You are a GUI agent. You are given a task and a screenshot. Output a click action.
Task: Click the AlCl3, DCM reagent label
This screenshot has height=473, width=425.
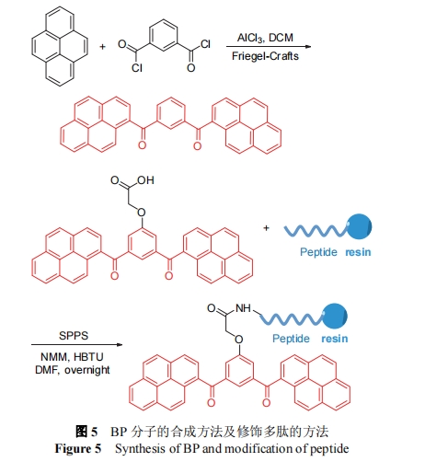pos(265,38)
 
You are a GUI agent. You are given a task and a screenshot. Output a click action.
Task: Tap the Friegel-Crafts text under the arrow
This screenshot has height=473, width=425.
pos(265,56)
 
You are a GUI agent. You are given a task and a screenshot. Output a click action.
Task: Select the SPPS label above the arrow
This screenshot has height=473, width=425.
pos(74,336)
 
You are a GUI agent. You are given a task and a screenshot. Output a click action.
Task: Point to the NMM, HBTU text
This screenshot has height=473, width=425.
pos(72,357)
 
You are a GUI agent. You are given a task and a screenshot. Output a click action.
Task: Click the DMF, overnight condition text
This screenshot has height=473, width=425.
pos(73,370)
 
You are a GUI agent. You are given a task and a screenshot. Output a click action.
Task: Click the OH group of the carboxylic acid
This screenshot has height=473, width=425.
pos(145,180)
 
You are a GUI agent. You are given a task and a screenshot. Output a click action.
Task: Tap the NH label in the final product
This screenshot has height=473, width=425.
pos(243,308)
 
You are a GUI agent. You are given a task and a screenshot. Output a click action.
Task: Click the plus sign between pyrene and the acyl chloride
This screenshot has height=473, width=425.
pos(102,47)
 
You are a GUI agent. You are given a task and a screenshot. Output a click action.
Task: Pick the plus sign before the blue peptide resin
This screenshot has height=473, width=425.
pos(266,228)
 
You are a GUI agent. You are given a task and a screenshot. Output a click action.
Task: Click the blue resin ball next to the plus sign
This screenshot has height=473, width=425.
pos(359,226)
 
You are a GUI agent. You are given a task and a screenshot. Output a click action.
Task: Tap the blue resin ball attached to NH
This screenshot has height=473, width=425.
pos(335,317)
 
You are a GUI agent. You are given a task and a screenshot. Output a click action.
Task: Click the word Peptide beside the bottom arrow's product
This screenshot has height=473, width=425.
pos(291,339)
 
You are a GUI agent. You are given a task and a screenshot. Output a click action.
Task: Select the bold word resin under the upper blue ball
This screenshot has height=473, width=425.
pos(358,252)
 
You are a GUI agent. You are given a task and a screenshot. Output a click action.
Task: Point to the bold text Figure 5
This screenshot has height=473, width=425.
pos(78,448)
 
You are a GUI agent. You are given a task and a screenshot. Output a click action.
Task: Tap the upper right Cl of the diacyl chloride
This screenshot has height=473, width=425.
pos(205,44)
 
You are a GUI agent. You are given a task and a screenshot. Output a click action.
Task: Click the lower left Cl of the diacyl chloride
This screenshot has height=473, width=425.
pos(137,67)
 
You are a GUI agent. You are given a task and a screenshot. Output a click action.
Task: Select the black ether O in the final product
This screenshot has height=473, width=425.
pos(239,340)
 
